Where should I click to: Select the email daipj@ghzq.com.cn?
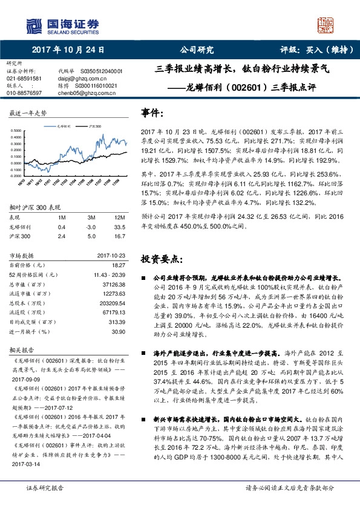point(82,79)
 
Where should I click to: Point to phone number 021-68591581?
point(24,79)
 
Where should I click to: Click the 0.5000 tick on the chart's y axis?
point(19,130)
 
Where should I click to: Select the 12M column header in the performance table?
point(120,218)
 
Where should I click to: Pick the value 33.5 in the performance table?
point(120,227)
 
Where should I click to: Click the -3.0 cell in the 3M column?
point(91,227)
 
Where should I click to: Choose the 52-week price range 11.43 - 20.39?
point(108,274)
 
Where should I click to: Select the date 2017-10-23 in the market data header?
point(111,256)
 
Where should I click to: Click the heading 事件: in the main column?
point(152,113)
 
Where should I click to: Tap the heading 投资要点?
point(160,259)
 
